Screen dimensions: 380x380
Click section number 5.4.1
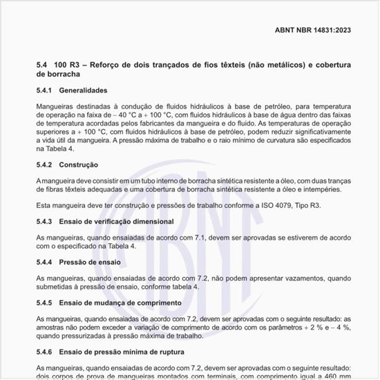(x=45, y=91)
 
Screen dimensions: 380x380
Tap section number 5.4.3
(x=45, y=221)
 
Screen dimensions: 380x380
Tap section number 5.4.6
(x=45, y=352)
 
